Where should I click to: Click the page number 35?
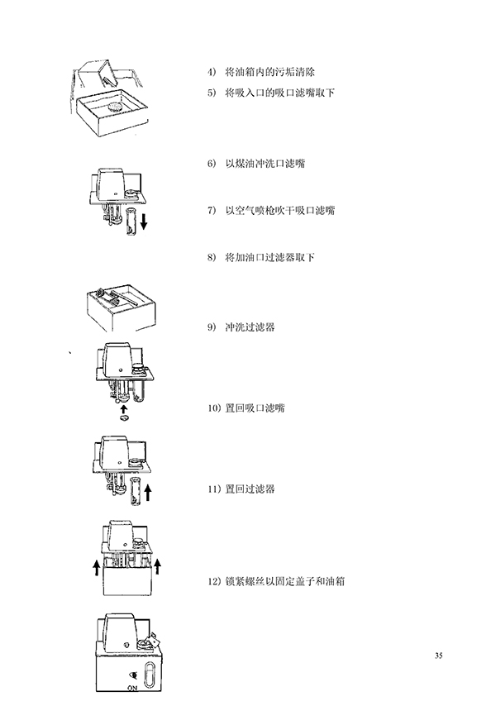click(x=438, y=656)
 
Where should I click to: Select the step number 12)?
click(x=214, y=581)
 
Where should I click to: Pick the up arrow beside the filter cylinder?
click(x=148, y=493)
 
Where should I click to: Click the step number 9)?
click(x=212, y=327)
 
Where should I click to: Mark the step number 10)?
click(x=214, y=408)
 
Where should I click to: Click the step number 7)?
click(x=212, y=210)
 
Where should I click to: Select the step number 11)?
click(x=214, y=489)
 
